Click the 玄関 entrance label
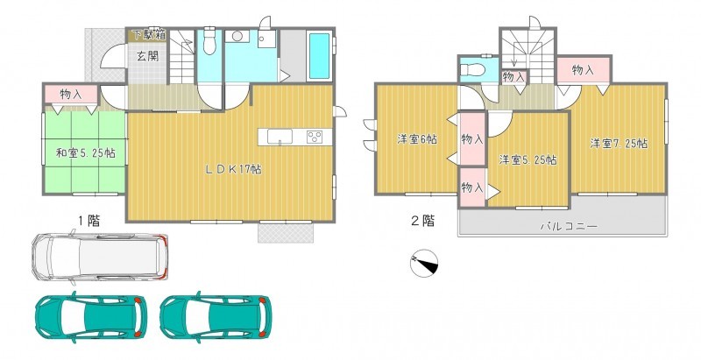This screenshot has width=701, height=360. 147,57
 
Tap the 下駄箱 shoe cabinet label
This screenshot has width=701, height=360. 148,34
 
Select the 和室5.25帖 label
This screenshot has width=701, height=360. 85,152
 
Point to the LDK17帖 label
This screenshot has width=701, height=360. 233,169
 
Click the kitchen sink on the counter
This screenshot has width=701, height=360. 280,137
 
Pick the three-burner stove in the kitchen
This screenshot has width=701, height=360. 315,137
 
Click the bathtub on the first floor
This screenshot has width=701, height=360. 320,56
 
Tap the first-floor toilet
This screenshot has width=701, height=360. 209,41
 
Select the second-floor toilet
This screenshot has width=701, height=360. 472,70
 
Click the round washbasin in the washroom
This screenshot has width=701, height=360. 237,36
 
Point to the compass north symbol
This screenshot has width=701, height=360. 424,263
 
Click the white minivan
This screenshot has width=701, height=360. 100,257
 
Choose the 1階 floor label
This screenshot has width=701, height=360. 89,221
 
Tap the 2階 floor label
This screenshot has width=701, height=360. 422,221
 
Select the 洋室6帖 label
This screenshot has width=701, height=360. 417,139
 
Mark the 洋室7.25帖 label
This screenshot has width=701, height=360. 619,144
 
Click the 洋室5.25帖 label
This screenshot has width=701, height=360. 528,159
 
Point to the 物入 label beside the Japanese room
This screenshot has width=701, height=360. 71,95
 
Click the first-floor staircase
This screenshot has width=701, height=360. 182,57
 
